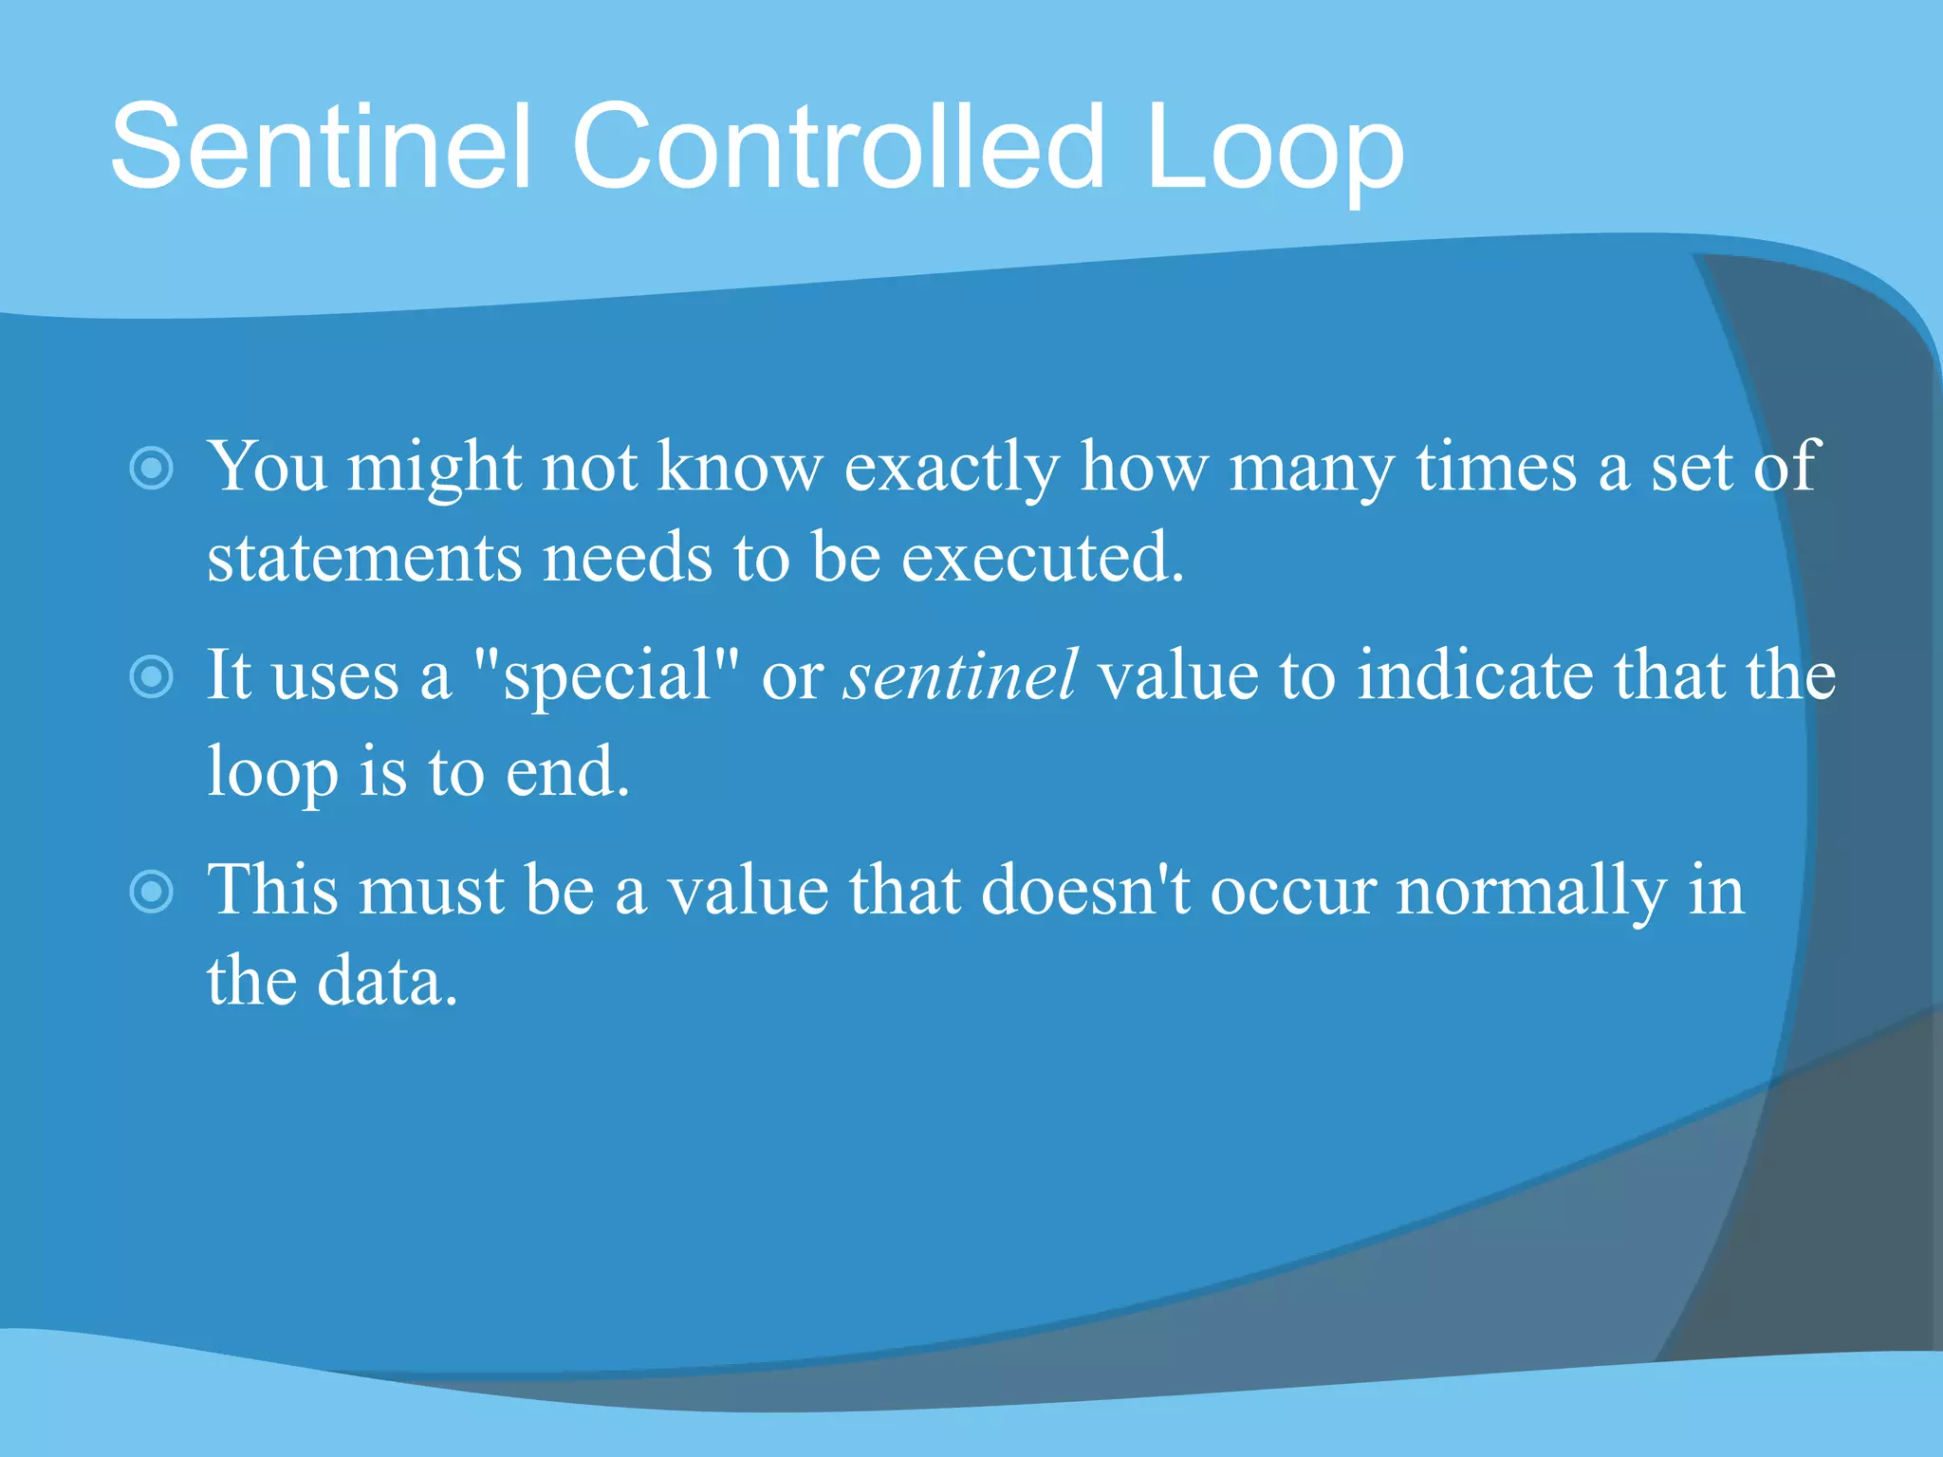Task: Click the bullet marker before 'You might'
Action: (152, 468)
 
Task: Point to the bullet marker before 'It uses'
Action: (152, 676)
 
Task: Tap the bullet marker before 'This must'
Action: (152, 892)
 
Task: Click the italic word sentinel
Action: (960, 675)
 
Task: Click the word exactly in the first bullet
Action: (951, 469)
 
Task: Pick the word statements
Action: (363, 558)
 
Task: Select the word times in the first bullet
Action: (1496, 467)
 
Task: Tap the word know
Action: (740, 467)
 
